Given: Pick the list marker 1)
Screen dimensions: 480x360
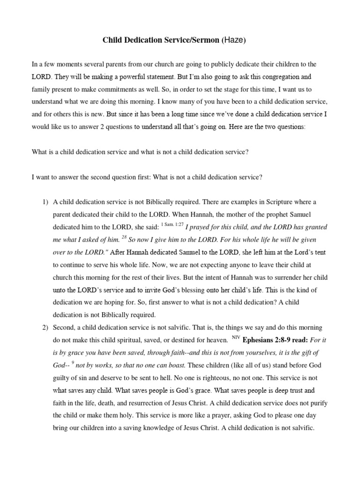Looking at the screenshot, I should [x=45, y=202].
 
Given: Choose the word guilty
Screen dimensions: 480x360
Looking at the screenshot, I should [x=63, y=377].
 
